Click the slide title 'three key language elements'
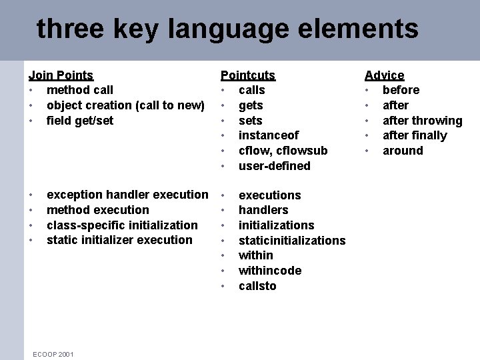pyautogui.click(x=227, y=29)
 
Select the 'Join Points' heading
pyautogui.click(x=61, y=75)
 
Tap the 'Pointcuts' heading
pyautogui.click(x=247, y=75)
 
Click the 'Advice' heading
pyautogui.click(x=384, y=75)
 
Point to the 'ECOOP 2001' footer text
pyautogui.click(x=53, y=353)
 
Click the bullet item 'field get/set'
pyautogui.click(x=80, y=121)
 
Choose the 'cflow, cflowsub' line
pyautogui.click(x=283, y=151)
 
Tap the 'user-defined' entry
pyautogui.click(x=274, y=166)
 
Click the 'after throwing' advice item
pyautogui.click(x=422, y=121)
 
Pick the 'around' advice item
pyautogui.click(x=403, y=151)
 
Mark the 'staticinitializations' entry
pyautogui.click(x=292, y=240)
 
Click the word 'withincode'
pyautogui.click(x=269, y=271)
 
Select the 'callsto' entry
pyautogui.click(x=257, y=286)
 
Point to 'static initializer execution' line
pyautogui.click(x=119, y=240)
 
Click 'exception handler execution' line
pyautogui.click(x=127, y=195)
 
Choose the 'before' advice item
pyautogui.click(x=401, y=90)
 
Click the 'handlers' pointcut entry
pyautogui.click(x=263, y=210)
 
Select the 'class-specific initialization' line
pyautogui.click(x=122, y=225)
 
